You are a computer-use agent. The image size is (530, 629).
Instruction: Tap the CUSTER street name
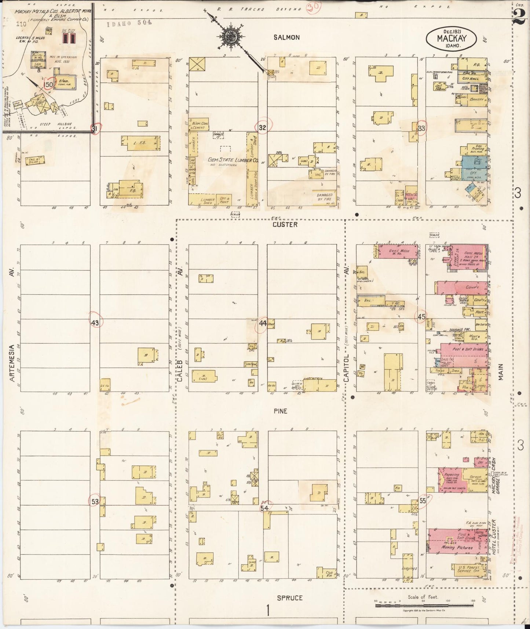[x=285, y=224]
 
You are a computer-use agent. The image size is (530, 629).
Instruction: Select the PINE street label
[x=280, y=411]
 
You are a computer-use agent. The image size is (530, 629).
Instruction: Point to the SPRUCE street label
[x=290, y=598]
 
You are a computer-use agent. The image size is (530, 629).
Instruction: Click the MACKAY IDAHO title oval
[x=451, y=39]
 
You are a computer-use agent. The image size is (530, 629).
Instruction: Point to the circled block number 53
[x=95, y=501]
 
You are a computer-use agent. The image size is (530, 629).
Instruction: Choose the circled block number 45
[x=421, y=316]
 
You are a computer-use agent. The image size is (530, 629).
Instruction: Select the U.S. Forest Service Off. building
[x=465, y=568]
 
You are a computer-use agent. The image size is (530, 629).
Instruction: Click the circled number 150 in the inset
[x=48, y=84]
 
